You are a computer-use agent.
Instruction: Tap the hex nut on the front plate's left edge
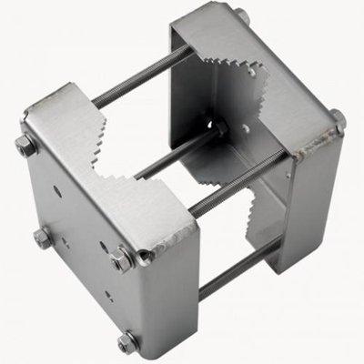pyautogui.click(x=42, y=238)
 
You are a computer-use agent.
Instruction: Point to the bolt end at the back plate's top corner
pyautogui.click(x=244, y=15)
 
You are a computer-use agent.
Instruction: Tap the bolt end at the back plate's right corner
pyautogui.click(x=337, y=116)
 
